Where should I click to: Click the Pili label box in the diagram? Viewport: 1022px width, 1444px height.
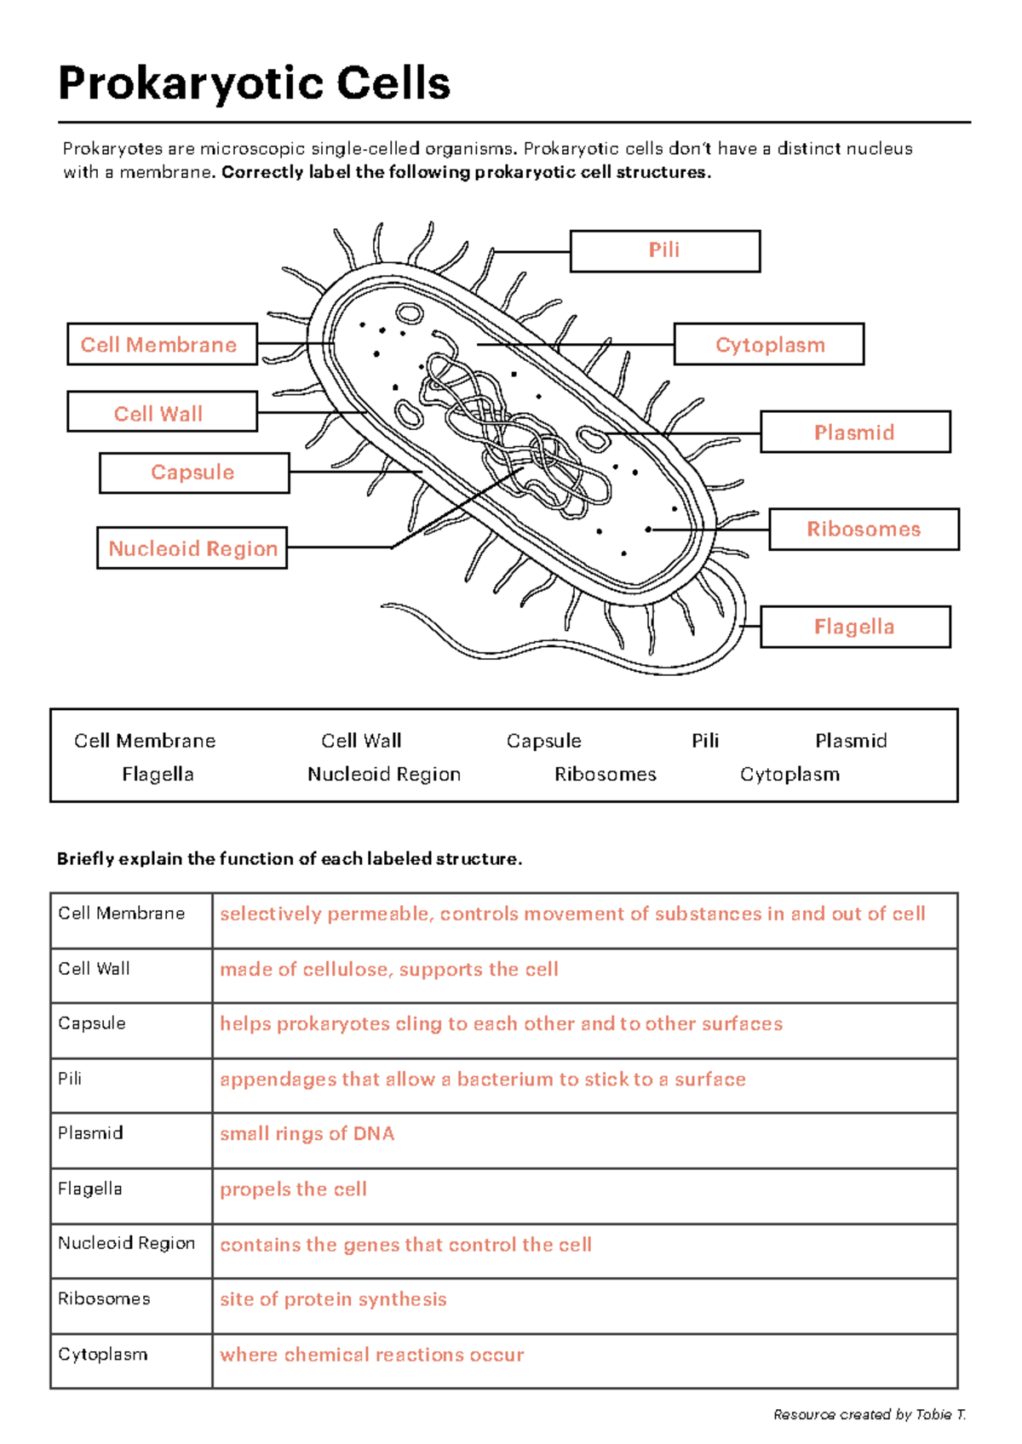(x=664, y=251)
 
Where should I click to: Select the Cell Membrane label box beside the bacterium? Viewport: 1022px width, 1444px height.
(x=162, y=344)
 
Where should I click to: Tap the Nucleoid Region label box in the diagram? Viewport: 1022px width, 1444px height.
(x=192, y=548)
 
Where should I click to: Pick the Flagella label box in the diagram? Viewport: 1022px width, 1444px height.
(x=854, y=627)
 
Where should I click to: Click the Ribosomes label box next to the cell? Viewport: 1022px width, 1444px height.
(x=864, y=529)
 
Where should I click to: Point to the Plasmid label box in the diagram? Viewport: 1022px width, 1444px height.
(x=854, y=432)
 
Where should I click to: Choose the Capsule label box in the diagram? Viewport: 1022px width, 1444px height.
(x=193, y=473)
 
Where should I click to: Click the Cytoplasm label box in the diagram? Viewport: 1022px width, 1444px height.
(x=769, y=344)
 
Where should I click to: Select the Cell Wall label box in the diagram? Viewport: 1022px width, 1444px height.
(x=162, y=412)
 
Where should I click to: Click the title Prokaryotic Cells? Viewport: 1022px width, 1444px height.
(x=254, y=83)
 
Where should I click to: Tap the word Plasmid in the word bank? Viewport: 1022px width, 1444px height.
(x=850, y=741)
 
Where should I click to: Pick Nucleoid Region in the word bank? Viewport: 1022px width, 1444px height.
(x=383, y=774)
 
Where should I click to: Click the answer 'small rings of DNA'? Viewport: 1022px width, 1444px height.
(x=307, y=1134)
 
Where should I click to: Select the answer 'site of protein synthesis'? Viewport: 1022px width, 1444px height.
(x=333, y=1299)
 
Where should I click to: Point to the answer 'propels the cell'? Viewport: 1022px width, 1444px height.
(x=293, y=1189)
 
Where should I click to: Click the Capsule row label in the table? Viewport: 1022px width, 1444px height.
(x=92, y=1023)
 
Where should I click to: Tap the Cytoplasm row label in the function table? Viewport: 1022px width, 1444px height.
(x=102, y=1355)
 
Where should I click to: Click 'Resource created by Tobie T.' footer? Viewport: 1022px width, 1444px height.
(x=869, y=1414)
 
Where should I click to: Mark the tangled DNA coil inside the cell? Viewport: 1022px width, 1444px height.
(x=511, y=434)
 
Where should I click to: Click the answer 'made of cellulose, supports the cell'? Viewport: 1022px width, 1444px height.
(x=388, y=969)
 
